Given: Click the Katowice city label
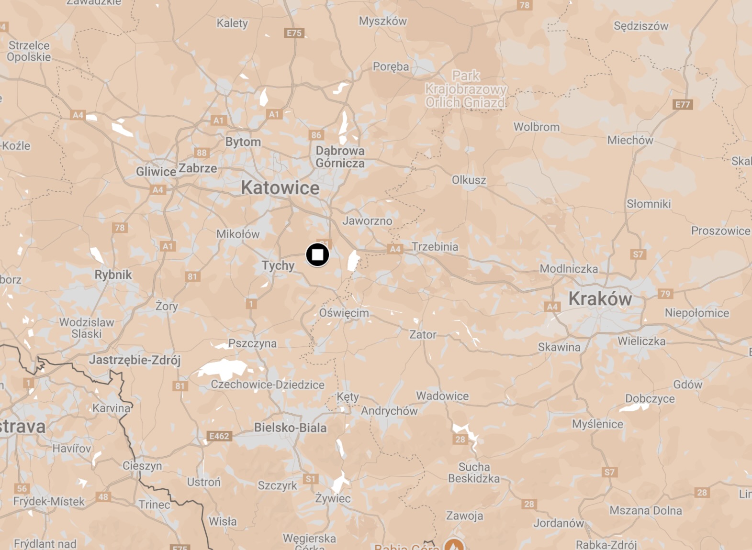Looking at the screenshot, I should [x=280, y=187].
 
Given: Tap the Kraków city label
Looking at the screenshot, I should [x=600, y=299].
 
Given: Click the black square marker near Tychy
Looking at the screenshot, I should [x=317, y=254].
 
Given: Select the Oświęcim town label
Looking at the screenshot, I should [x=344, y=313].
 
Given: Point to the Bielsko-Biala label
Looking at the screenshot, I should [x=290, y=428].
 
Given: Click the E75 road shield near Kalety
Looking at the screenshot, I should [x=294, y=33].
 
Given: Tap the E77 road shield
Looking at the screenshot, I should [x=682, y=105].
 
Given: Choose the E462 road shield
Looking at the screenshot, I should [x=219, y=436].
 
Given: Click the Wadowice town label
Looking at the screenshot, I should [x=442, y=396].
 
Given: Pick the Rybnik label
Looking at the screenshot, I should [x=113, y=275].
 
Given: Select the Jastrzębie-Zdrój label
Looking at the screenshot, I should [x=135, y=360].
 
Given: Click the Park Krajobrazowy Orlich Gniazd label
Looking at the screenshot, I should [x=466, y=89].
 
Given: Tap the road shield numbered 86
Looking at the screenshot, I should [x=316, y=135].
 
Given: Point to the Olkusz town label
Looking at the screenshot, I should [x=469, y=180].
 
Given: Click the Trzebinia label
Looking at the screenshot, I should [x=435, y=247].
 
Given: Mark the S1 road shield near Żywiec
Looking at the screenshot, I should [x=310, y=479].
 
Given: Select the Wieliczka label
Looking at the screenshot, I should [x=641, y=341].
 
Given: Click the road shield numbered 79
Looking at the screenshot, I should [x=665, y=294].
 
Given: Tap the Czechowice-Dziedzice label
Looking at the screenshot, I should [x=268, y=385].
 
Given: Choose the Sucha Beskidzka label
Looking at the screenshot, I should [x=473, y=473].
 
